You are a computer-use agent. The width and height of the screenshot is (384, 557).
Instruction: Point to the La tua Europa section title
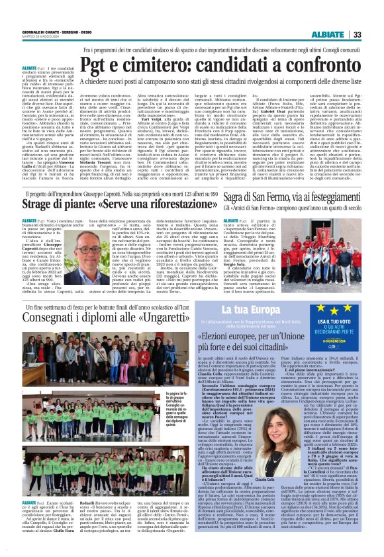point(236,310)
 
